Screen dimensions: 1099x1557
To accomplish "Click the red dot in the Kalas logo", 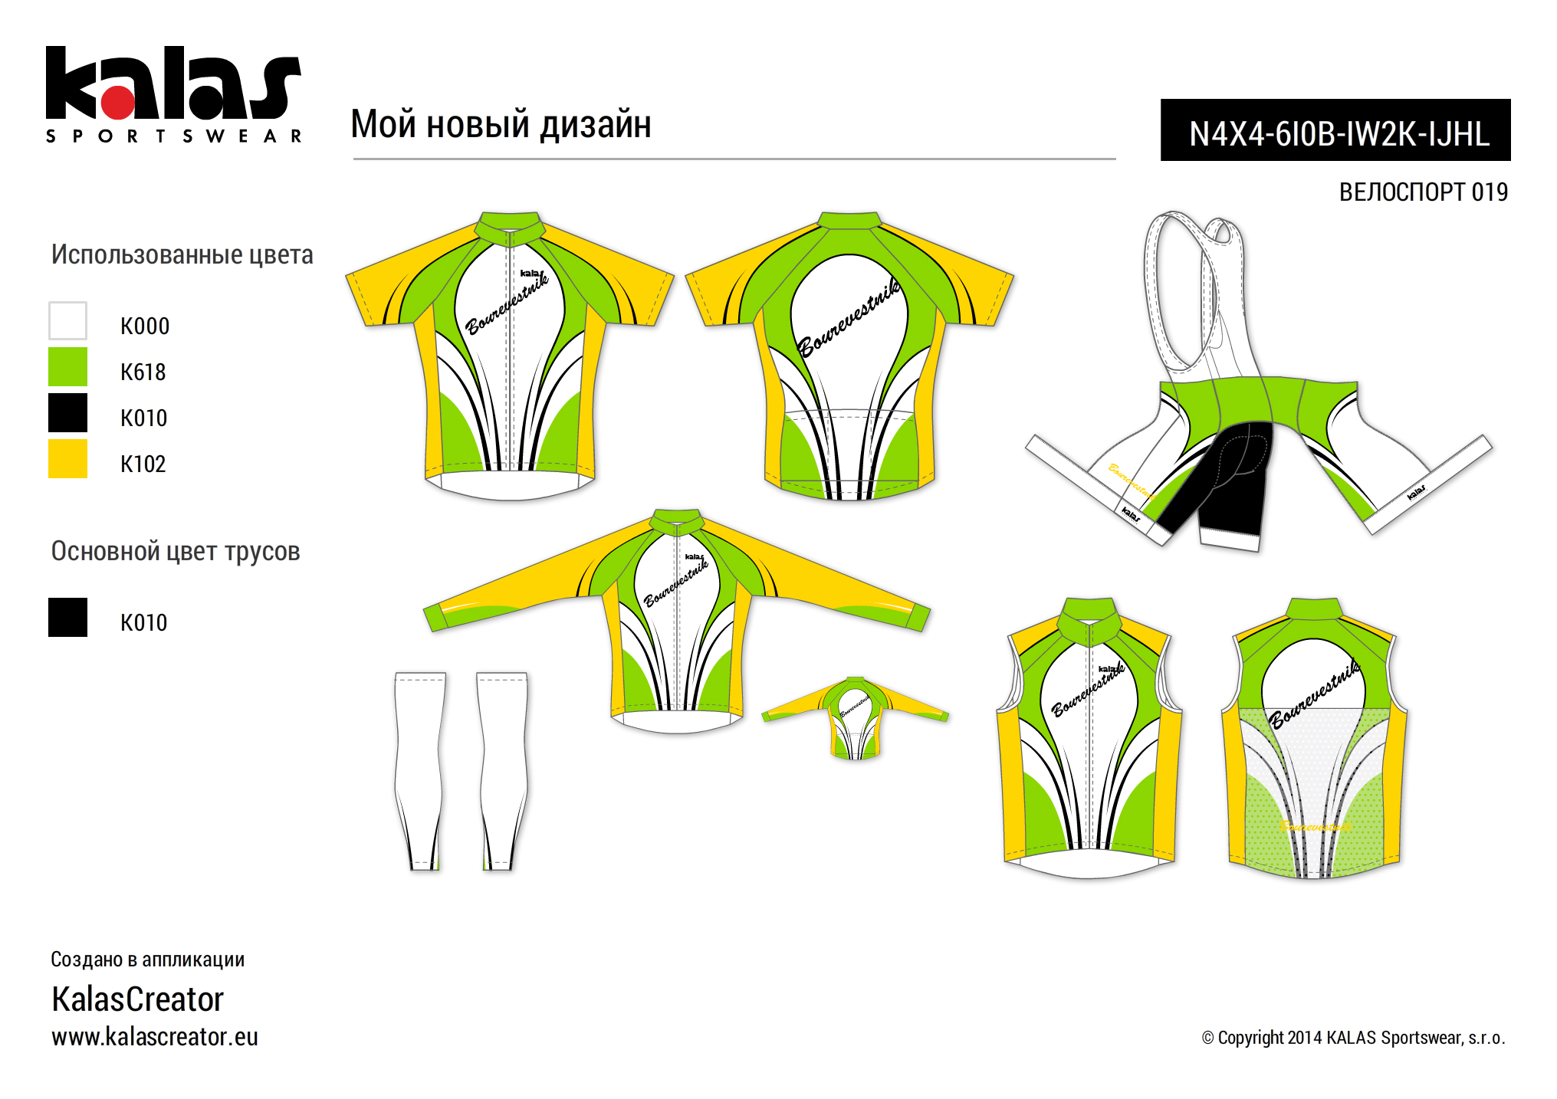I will pyautogui.click(x=118, y=102).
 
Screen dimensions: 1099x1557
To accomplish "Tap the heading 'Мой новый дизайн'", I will pyautogui.click(x=501, y=124).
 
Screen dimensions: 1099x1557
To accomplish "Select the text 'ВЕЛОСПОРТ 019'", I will pyautogui.click(x=1423, y=192).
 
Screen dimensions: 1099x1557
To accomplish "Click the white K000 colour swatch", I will pyautogui.click(x=67, y=321).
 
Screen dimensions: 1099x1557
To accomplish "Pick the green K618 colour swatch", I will pyautogui.click(x=67, y=367).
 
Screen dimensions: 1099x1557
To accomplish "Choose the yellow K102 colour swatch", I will pyautogui.click(x=67, y=459).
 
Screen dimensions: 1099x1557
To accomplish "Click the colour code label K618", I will pyautogui.click(x=143, y=372).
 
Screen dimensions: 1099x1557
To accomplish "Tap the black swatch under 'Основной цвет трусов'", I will pyautogui.click(x=67, y=618).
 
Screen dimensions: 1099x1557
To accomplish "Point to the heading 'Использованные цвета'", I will pyautogui.click(x=182, y=255).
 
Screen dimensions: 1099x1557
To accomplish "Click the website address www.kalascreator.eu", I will pyautogui.click(x=155, y=1037).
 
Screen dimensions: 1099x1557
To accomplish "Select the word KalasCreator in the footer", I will pyautogui.click(x=138, y=999).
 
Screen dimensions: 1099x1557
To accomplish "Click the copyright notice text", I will pyautogui.click(x=1353, y=1038).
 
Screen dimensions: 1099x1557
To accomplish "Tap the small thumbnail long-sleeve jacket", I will pyautogui.click(x=855, y=717).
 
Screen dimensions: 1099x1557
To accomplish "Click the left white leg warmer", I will pyautogui.click(x=420, y=770).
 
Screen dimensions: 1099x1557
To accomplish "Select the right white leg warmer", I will pyautogui.click(x=503, y=770).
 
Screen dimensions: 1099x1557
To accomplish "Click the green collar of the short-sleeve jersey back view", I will pyautogui.click(x=849, y=221).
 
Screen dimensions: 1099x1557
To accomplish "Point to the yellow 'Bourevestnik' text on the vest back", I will pyautogui.click(x=1315, y=826).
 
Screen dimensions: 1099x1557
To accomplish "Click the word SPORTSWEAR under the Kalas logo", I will pyautogui.click(x=174, y=136).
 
